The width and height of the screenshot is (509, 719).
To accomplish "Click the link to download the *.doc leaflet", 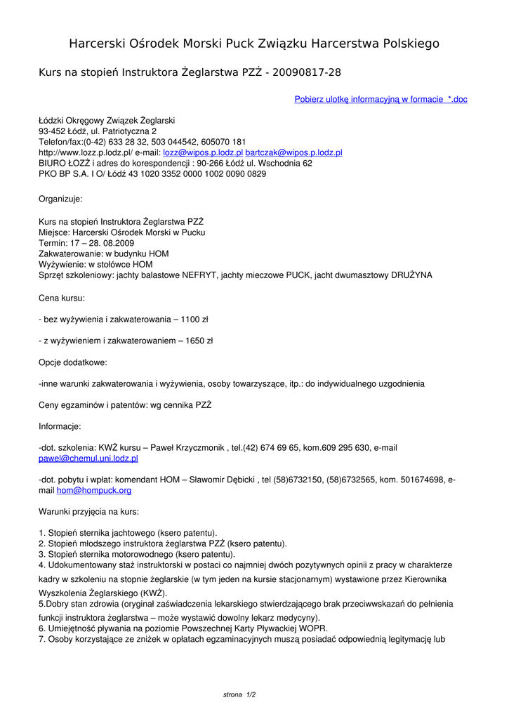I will coord(381,100).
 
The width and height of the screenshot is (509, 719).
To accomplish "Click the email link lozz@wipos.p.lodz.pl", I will coord(203,152).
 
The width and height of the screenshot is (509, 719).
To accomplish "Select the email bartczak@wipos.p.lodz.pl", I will coord(293,152).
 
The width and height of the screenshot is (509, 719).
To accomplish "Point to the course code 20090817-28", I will coord(308,73).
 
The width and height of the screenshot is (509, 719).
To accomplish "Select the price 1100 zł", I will coord(194,319).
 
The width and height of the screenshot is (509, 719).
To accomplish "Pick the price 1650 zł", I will coord(199,341).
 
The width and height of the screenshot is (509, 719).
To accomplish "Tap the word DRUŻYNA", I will coord(412,275).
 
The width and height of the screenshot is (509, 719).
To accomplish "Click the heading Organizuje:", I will coord(60,199).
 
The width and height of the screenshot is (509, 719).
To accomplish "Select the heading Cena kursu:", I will coord(62,298).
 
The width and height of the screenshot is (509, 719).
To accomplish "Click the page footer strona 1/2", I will coord(239,695).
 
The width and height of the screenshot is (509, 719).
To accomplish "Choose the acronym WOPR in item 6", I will coord(315,628).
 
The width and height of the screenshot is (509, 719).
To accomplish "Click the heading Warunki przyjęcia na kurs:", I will coord(88,511).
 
